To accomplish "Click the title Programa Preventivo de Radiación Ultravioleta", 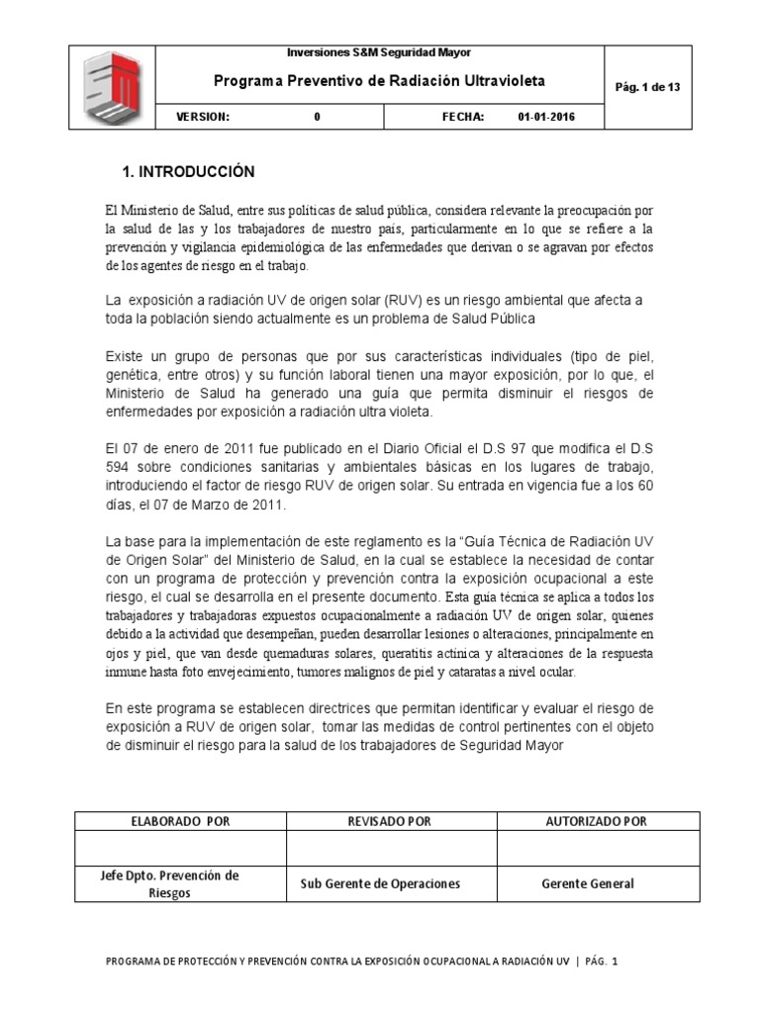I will click(x=380, y=81).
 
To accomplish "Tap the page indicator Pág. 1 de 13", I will click(x=647, y=87).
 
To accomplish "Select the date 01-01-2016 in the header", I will click(x=545, y=117).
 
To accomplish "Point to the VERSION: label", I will click(x=203, y=117).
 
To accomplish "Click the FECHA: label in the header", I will click(x=462, y=117).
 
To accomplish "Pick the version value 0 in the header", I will click(x=317, y=117).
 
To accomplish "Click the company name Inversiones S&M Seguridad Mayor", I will click(x=379, y=52).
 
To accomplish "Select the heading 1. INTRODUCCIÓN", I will click(x=188, y=172).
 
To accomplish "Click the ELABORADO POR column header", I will click(x=180, y=821).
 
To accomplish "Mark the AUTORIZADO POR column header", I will click(x=597, y=821).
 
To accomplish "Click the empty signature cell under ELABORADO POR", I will click(x=180, y=848).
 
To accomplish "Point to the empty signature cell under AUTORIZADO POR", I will click(x=597, y=848).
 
